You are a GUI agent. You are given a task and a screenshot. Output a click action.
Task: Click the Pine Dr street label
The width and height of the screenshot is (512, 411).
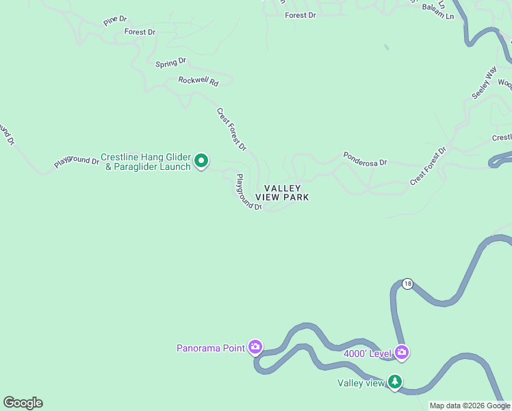115,21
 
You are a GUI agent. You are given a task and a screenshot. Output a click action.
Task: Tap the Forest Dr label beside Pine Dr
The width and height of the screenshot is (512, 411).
140,32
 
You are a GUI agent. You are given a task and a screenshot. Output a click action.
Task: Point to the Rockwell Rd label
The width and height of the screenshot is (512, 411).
198,81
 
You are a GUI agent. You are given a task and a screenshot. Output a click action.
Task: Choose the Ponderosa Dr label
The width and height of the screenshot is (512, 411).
365,159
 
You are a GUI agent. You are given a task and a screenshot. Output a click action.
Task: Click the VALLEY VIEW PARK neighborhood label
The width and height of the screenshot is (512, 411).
282,192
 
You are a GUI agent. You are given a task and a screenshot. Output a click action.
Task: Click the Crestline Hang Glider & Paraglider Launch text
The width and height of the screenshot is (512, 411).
145,162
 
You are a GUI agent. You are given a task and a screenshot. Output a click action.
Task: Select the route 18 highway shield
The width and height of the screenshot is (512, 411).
408,284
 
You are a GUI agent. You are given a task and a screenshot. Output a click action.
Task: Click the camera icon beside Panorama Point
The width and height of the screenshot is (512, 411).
255,347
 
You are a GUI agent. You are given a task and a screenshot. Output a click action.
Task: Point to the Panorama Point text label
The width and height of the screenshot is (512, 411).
210,348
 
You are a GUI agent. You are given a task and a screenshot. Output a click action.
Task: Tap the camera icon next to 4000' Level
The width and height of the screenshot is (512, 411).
401,353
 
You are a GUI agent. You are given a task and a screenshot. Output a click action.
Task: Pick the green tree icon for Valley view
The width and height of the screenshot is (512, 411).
395,382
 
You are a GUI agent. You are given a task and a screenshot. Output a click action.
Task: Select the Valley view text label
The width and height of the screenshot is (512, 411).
361,383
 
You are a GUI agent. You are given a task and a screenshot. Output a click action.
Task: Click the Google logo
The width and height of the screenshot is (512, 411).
23,403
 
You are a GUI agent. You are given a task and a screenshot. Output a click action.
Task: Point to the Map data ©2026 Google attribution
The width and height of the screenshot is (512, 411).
470,406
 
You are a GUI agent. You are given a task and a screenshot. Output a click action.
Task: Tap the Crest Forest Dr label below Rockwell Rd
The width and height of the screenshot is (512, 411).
231,129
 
